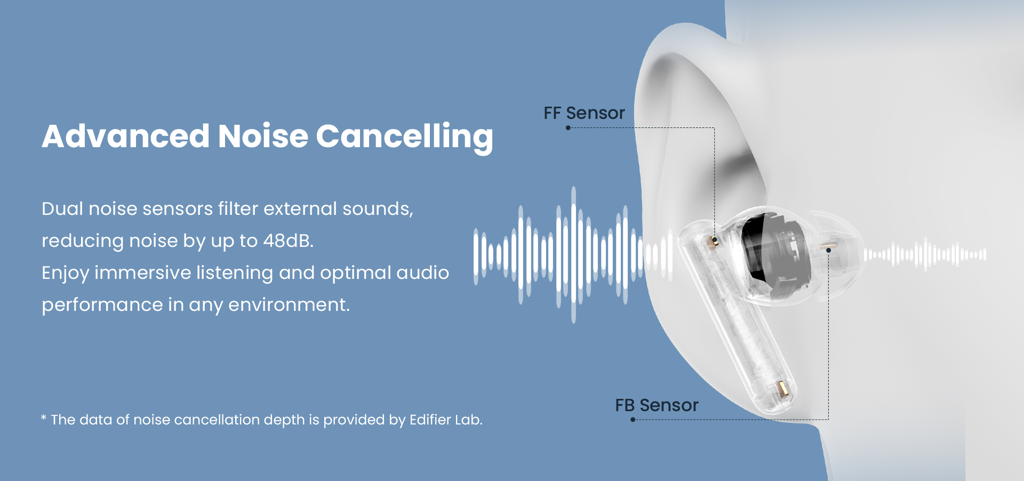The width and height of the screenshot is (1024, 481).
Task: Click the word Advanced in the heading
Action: click(126, 136)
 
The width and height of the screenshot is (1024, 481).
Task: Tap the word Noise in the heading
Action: click(263, 136)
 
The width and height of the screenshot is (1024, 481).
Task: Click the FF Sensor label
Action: click(584, 113)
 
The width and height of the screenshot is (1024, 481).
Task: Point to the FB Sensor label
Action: click(657, 405)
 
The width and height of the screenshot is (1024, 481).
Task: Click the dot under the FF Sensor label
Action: click(568, 128)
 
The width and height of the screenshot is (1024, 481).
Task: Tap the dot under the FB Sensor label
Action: click(633, 420)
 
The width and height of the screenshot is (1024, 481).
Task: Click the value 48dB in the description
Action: click(289, 240)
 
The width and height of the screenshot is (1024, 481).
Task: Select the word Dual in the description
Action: click(62, 209)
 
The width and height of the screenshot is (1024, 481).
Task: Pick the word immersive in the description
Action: click(142, 272)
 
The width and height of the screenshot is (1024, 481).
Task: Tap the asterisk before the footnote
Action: click(44, 418)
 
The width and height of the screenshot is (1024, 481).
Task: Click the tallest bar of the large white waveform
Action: click(574, 255)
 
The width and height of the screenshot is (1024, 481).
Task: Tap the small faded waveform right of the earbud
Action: click(925, 254)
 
